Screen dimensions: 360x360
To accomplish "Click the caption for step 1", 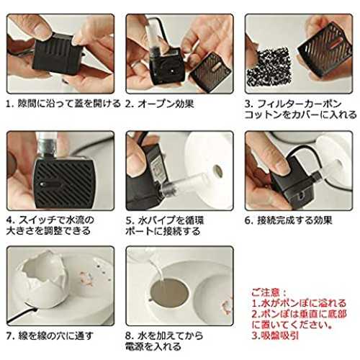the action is (x=63, y=104).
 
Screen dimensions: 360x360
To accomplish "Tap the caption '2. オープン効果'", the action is (x=160, y=104).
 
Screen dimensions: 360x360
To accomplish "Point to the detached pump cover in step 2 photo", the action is (x=211, y=72).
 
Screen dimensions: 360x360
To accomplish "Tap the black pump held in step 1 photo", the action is (x=58, y=54).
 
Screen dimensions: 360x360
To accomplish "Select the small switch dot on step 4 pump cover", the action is (x=42, y=184).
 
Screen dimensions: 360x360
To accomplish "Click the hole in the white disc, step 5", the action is (x=217, y=171).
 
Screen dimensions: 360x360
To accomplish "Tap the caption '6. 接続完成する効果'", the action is (x=288, y=220).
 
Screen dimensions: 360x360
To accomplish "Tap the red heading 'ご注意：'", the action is (x=269, y=292).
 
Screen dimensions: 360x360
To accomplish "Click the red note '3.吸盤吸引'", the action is (x=275, y=335).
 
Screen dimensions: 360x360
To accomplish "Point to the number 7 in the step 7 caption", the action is (x=9, y=336).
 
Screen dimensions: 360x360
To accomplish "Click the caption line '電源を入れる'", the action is (x=153, y=346).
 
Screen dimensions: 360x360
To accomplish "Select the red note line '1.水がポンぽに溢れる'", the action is (x=299, y=303).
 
